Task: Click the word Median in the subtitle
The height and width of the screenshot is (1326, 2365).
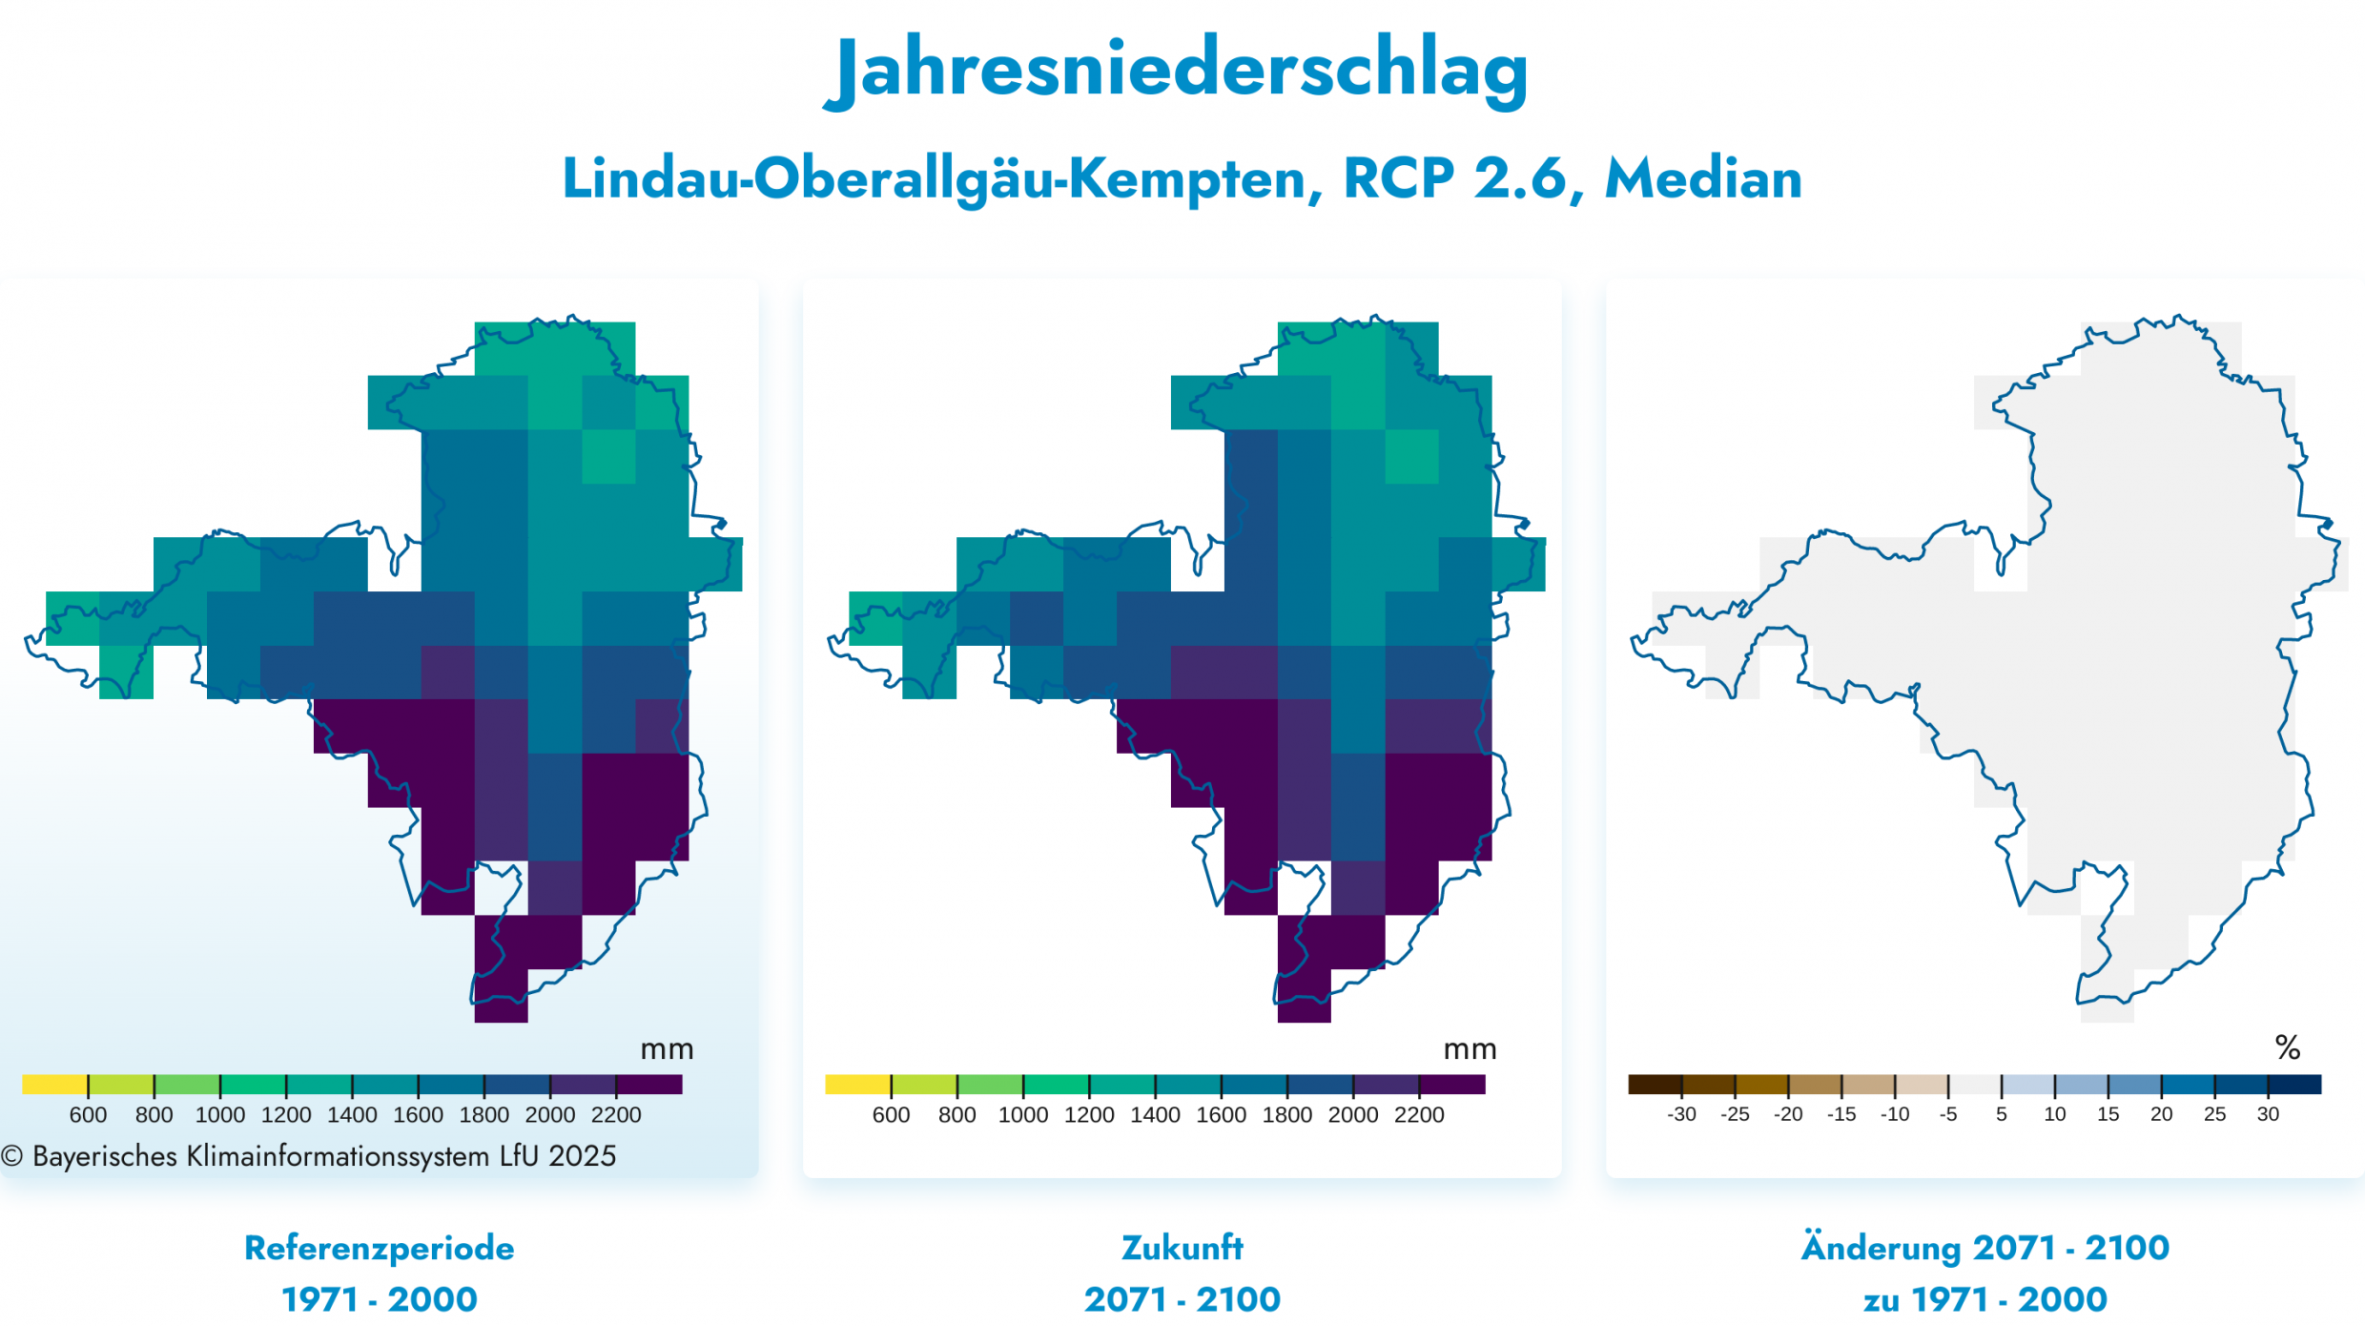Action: (x=1703, y=178)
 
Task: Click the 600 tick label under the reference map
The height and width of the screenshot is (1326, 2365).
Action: (x=88, y=1114)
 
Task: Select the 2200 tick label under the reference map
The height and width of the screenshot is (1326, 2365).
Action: (x=616, y=1114)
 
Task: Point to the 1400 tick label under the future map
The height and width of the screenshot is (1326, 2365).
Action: (x=1155, y=1114)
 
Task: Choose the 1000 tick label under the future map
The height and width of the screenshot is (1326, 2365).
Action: (x=1022, y=1114)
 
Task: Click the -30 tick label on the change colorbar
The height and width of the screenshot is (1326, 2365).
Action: (x=1681, y=1114)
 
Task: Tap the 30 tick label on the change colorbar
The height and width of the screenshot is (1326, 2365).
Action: (x=2268, y=1114)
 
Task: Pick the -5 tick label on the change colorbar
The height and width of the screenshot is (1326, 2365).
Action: (x=1947, y=1114)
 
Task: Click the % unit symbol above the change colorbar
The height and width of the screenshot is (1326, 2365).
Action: (x=2288, y=1048)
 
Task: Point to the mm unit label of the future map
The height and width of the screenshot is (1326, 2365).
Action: (x=1470, y=1049)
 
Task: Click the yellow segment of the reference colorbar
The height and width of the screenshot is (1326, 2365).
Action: (x=54, y=1085)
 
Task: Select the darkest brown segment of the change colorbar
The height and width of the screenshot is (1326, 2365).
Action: (x=1655, y=1085)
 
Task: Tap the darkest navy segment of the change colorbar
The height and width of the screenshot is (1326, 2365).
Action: (x=2294, y=1085)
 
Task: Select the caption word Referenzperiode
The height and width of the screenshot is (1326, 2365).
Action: (x=379, y=1248)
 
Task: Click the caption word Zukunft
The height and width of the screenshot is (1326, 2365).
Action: (x=1182, y=1248)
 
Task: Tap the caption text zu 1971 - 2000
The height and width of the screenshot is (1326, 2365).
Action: (x=1985, y=1299)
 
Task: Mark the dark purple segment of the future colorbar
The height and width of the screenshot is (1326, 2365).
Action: (x=1451, y=1085)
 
